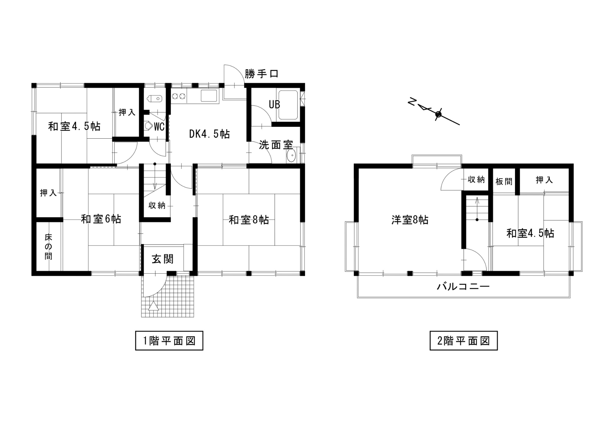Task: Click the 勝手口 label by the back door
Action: click(x=261, y=74)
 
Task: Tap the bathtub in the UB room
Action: click(x=288, y=105)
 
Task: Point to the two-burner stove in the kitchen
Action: click(x=178, y=96)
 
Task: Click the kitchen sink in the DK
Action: click(x=209, y=96)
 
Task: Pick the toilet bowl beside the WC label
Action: click(x=149, y=126)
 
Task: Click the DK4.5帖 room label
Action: click(x=209, y=134)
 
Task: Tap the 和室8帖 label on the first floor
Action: click(x=249, y=220)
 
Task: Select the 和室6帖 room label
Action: click(x=101, y=219)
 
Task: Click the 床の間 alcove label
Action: click(x=48, y=246)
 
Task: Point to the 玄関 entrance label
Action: click(x=163, y=259)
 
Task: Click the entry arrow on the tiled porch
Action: click(x=154, y=306)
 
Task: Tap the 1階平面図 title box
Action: click(x=169, y=341)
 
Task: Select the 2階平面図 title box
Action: click(x=463, y=341)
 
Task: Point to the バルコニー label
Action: click(x=463, y=286)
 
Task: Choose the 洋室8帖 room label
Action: click(x=410, y=220)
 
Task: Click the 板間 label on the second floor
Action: click(x=504, y=181)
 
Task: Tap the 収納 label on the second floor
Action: click(x=476, y=180)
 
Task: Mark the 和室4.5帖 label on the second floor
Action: click(x=530, y=233)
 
